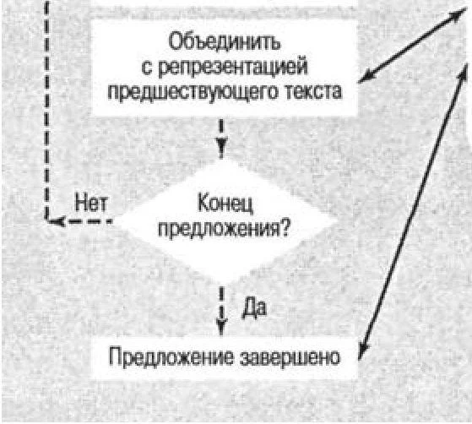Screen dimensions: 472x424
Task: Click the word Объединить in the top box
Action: (225, 41)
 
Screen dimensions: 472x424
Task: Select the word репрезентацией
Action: (233, 68)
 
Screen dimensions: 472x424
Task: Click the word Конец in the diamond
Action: (225, 204)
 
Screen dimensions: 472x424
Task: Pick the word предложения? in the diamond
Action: (224, 230)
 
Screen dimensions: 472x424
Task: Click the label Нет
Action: (91, 203)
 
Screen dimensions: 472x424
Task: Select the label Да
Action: (254, 307)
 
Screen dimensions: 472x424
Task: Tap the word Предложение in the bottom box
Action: (171, 357)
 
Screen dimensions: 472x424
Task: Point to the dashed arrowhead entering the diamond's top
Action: (221, 149)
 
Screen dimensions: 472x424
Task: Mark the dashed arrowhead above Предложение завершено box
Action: (221, 326)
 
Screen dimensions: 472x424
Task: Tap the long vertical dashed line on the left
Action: (46, 110)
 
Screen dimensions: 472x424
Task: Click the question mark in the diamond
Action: (285, 228)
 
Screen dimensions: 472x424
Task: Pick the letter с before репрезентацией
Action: (147, 68)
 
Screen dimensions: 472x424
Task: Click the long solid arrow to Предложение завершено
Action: (413, 212)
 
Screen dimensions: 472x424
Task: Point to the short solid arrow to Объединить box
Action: (412, 45)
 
